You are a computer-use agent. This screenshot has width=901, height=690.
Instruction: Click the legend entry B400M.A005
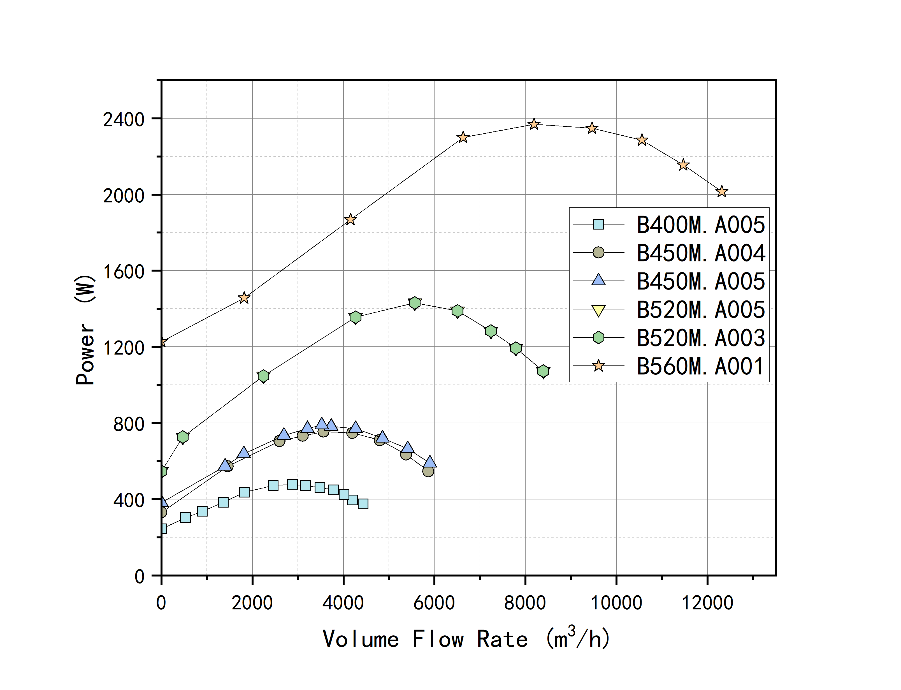(x=700, y=225)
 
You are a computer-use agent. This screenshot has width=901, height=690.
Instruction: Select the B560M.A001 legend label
(x=700, y=366)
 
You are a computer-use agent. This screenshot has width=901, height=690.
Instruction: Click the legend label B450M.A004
(x=700, y=253)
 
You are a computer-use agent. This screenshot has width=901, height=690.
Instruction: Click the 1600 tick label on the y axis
(x=124, y=272)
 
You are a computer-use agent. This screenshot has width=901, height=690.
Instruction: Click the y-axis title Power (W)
(x=85, y=330)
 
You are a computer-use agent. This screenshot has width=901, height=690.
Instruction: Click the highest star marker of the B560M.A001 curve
(x=534, y=124)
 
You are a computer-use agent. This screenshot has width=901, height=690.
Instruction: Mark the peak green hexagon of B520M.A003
(x=415, y=303)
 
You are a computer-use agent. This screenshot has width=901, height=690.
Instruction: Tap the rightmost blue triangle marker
(x=429, y=462)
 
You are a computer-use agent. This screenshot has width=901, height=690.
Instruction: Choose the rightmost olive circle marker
(x=428, y=471)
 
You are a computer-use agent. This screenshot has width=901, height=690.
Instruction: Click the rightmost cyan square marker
(x=363, y=504)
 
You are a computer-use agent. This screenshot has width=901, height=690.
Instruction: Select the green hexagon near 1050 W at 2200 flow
(x=263, y=376)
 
